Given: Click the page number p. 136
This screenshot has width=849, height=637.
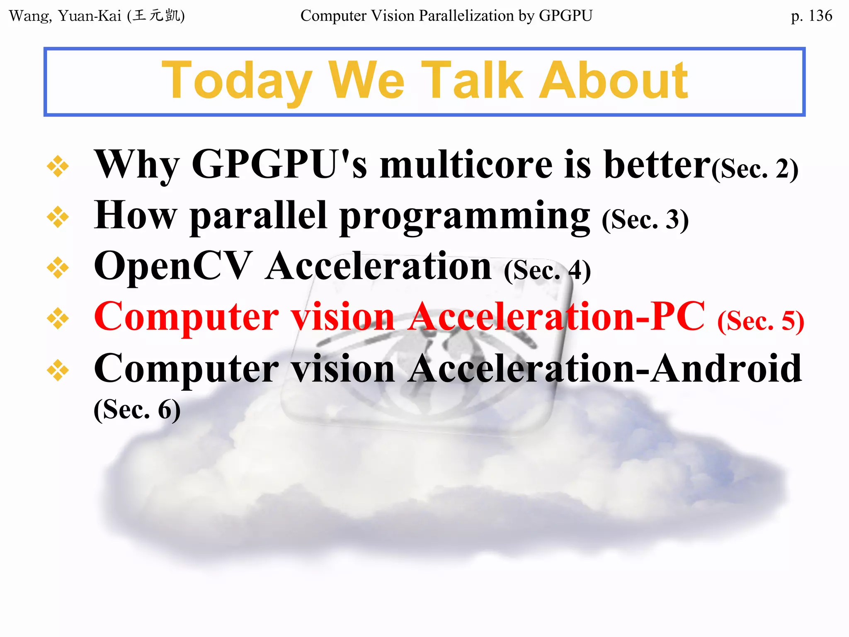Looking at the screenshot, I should pos(811,16).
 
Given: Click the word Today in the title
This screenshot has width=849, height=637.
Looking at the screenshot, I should pos(237,81).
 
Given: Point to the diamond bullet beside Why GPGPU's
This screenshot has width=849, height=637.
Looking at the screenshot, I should pos(58,166).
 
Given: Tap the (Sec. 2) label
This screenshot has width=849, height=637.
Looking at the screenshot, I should pos(755,169).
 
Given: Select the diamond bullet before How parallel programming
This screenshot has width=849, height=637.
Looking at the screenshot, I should pos(58,217).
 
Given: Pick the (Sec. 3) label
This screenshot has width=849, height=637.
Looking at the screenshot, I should pos(645,220).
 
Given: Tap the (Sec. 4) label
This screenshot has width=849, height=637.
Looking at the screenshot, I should pos(547,271).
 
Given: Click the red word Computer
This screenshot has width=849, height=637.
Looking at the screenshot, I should pos(187,317).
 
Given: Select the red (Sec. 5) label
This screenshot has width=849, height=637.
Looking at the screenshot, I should pos(761,321).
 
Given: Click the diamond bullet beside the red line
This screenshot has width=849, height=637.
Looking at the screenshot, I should pos(58,318).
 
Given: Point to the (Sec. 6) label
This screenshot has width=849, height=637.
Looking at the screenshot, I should pos(137,410).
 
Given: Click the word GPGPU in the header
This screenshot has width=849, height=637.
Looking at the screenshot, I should pos(565,16).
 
